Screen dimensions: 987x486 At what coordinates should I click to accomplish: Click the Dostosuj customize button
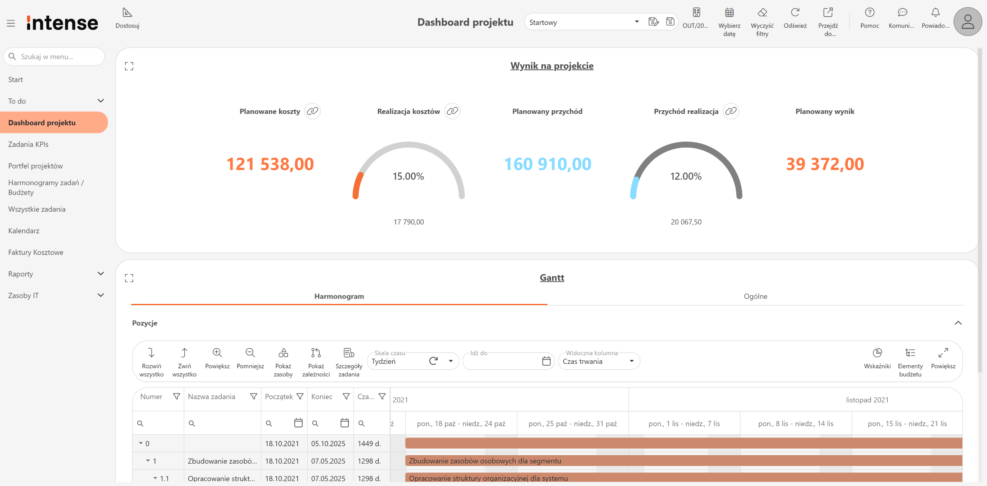pyautogui.click(x=127, y=18)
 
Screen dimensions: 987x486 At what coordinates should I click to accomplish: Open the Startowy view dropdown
pyautogui.click(x=637, y=22)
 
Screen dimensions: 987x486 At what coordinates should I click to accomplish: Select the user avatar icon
pyautogui.click(x=968, y=22)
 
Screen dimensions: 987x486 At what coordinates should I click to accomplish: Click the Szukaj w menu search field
pyautogui.click(x=54, y=57)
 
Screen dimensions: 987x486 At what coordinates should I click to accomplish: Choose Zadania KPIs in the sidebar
pyautogui.click(x=28, y=144)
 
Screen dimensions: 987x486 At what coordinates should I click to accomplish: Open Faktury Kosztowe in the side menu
pyautogui.click(x=35, y=252)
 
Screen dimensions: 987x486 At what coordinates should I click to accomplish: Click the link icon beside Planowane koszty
pyautogui.click(x=312, y=111)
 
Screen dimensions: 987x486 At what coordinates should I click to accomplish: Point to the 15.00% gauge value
pyautogui.click(x=408, y=176)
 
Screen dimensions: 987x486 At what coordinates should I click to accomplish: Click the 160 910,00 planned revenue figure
pyautogui.click(x=547, y=164)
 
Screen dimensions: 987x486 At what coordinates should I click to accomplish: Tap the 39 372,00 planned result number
pyautogui.click(x=825, y=164)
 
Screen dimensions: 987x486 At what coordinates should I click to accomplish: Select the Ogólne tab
pyautogui.click(x=755, y=296)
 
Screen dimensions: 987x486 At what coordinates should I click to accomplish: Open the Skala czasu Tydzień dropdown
pyautogui.click(x=450, y=361)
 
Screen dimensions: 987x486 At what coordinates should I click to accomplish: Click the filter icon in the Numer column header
pyautogui.click(x=177, y=397)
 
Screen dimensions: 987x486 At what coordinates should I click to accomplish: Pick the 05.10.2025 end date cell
pyautogui.click(x=328, y=444)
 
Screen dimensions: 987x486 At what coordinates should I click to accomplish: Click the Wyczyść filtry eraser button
pyautogui.click(x=762, y=22)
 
